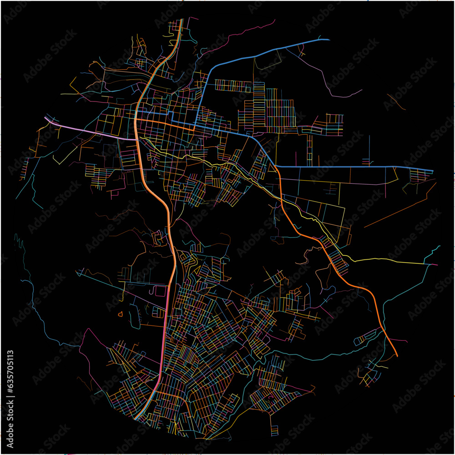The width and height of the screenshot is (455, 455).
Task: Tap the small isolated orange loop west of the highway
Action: point(120,313)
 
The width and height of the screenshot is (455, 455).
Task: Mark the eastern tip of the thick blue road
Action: point(432,171)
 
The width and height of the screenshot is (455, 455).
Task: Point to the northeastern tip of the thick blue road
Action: point(329,40)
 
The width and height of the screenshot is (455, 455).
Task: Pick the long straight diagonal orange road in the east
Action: point(400,209)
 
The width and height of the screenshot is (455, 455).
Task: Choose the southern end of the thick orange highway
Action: point(136,418)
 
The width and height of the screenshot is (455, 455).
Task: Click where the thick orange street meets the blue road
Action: point(195,128)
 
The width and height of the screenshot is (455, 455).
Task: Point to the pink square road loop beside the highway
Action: point(160,291)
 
